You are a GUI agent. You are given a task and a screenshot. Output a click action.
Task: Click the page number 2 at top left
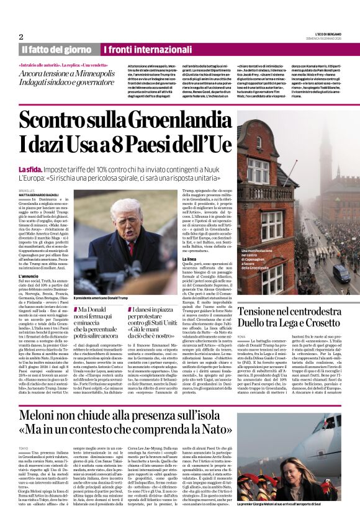click(x=21, y=36)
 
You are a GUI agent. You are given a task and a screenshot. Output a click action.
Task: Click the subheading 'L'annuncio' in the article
click(x=29, y=276)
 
